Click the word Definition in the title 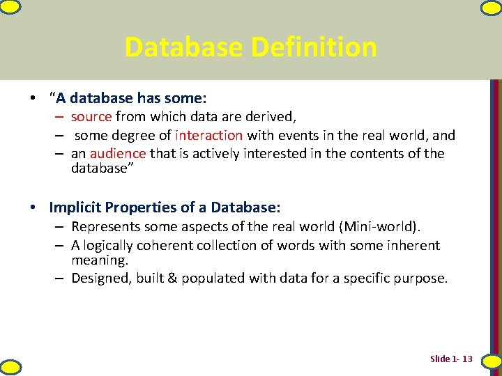[314, 47]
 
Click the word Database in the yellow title [183, 47]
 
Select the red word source [91, 117]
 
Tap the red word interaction [208, 135]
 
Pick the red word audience [118, 153]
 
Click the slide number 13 [467, 359]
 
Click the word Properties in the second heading [141, 207]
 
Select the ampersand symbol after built [172, 278]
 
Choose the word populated [213, 279]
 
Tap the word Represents [106, 227]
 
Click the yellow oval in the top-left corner [10, 7]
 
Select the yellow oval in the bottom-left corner [11, 368]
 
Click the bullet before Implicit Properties [33, 207]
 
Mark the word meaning [100, 260]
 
